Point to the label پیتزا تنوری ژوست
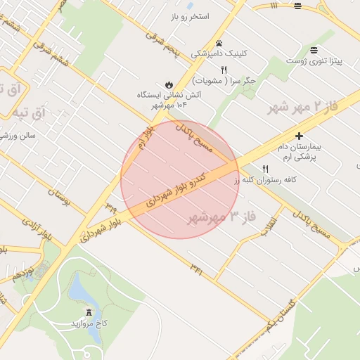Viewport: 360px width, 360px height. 314,61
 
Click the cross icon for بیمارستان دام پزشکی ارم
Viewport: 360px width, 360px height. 300,135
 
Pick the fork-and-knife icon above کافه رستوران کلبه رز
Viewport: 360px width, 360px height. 265,169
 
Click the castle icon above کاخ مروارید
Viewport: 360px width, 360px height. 89,311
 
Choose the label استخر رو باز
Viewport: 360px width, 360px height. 189,15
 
